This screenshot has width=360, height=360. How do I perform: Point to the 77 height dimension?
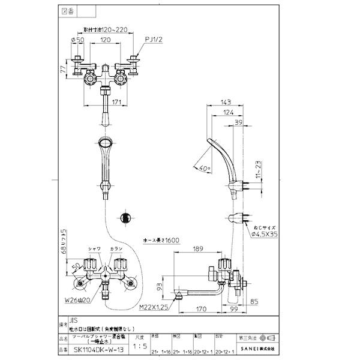63,69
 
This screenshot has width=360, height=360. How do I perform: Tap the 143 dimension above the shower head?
227,103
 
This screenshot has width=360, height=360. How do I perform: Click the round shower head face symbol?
125,218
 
